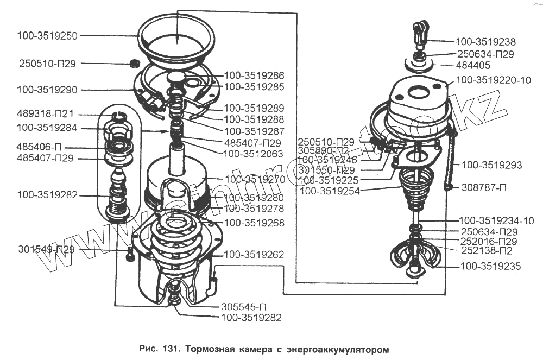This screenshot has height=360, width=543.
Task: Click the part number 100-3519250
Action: coord(47,36)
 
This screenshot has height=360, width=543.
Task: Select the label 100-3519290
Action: coord(47,90)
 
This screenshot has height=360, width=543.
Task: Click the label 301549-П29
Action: coord(46,250)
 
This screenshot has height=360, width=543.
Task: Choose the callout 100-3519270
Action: coord(255,178)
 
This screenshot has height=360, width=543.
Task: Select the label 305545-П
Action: coord(244,306)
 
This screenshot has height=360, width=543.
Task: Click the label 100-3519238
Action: coord(485,42)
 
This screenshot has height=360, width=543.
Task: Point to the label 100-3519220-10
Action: coord(494,80)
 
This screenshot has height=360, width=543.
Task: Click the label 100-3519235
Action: coord(490,267)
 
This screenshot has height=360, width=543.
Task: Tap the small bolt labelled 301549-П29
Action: coord(130,254)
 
